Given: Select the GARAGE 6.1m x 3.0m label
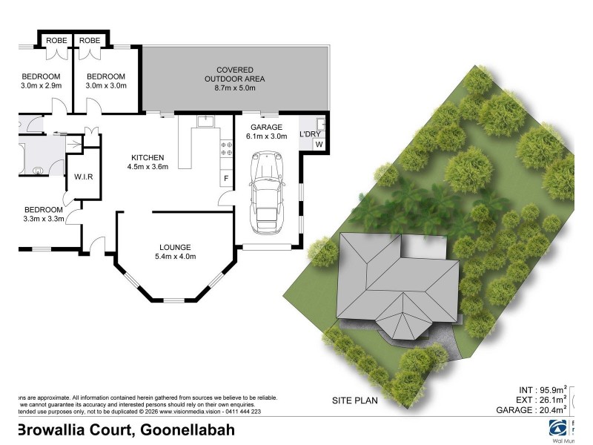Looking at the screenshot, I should [x=266, y=131].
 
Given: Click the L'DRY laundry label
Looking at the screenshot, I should [x=309, y=133].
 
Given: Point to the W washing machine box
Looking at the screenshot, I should [x=319, y=144].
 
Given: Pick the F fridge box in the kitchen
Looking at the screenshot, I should [x=225, y=179].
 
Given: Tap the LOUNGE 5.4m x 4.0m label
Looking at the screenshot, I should [x=175, y=252].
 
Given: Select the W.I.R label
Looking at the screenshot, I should [x=82, y=177].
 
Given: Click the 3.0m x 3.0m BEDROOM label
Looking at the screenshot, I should [x=106, y=81].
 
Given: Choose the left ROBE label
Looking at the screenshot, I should [x=57, y=40].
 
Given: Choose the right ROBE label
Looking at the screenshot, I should [x=90, y=40].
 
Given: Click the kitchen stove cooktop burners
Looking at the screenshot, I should [x=225, y=148].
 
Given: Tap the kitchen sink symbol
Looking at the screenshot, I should [x=205, y=120].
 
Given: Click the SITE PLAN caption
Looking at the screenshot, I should [x=354, y=400].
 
